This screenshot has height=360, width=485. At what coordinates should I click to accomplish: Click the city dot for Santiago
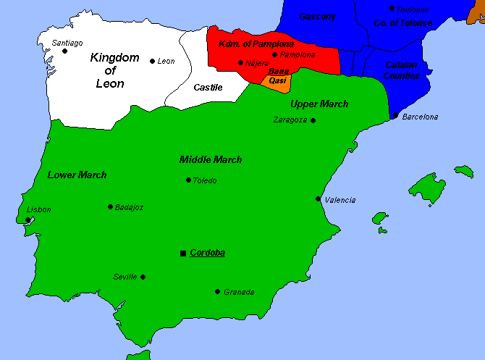point(64,51)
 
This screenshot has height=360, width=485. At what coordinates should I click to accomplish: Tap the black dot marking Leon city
point(152,61)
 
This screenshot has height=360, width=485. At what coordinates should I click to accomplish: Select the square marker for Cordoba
point(183,253)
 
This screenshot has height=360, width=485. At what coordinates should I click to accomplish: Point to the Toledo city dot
point(188,180)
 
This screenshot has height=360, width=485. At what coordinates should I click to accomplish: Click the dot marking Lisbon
point(28,219)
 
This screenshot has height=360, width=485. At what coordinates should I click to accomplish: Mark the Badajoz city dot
point(110,206)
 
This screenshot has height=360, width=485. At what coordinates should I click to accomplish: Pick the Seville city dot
point(143,277)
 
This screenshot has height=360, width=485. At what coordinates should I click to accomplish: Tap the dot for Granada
point(217,291)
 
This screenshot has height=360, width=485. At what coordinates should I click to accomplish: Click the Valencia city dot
point(318,198)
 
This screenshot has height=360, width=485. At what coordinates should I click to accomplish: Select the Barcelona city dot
point(395,115)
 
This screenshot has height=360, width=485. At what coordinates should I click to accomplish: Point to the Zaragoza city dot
point(313,120)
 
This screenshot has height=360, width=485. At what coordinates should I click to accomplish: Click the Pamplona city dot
point(274,54)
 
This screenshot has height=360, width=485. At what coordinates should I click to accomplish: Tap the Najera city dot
point(240,63)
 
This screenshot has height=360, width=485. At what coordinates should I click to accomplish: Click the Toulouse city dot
point(392,9)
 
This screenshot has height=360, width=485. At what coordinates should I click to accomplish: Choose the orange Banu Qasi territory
point(278,81)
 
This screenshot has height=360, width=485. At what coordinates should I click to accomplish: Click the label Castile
point(208,88)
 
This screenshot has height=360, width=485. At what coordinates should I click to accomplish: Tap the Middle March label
point(211,159)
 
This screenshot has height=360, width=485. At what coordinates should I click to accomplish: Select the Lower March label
point(77,175)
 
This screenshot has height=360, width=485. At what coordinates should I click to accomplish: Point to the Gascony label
point(317,16)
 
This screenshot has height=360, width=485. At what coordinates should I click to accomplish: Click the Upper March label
point(319,104)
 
